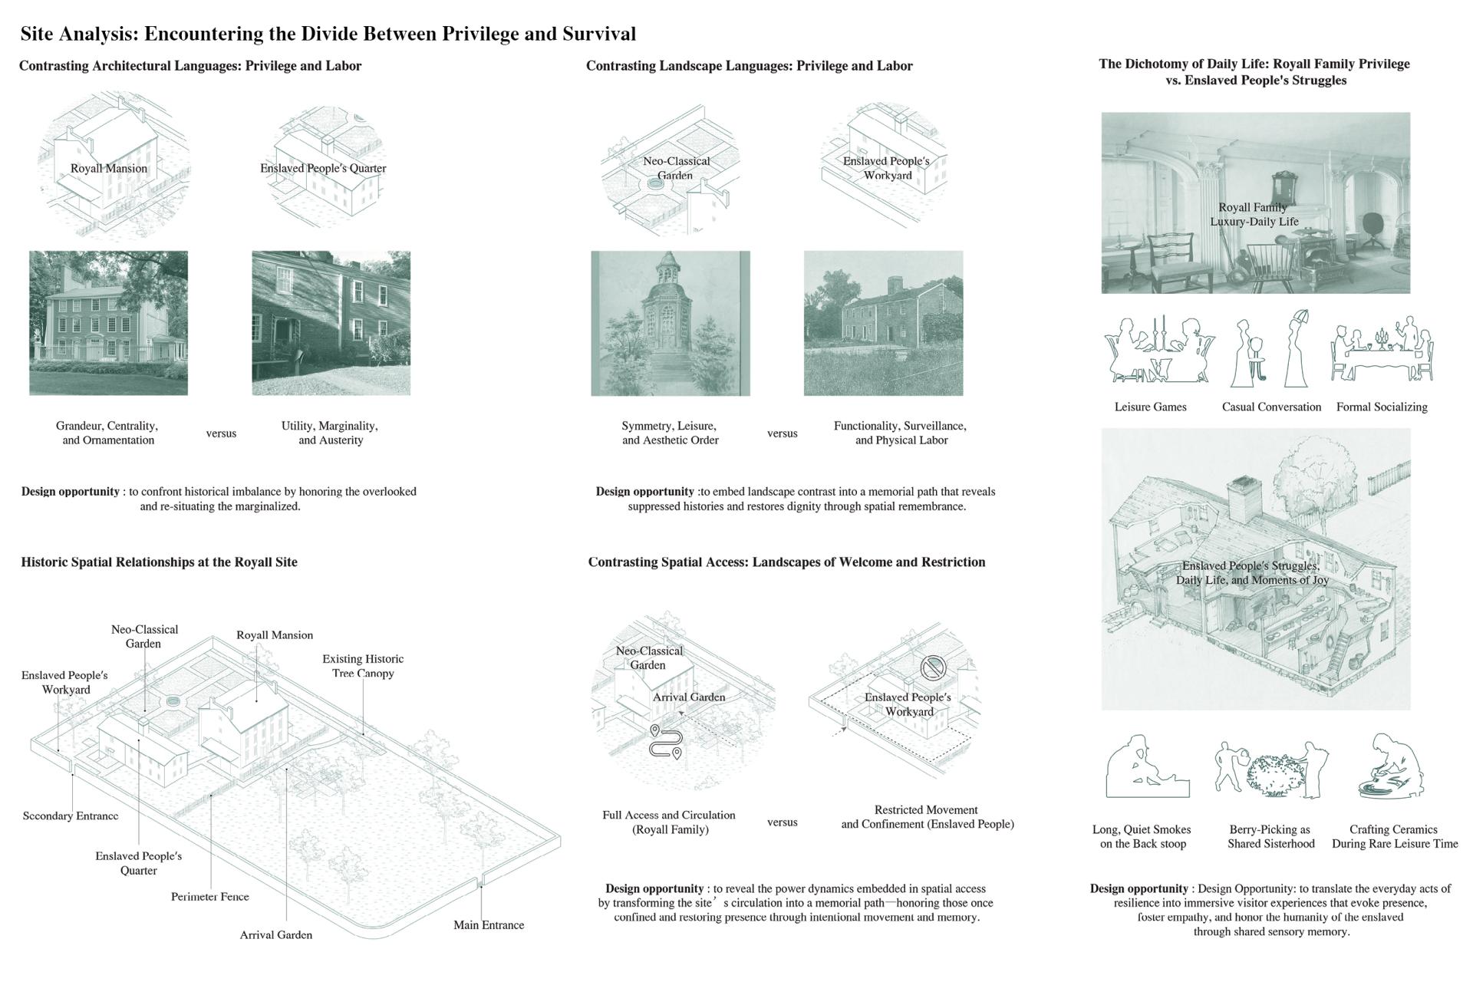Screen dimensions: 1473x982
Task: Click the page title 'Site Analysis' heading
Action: point(328,34)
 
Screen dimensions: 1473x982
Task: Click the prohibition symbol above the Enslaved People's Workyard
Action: point(933,667)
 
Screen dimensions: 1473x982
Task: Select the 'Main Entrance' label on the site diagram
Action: point(489,924)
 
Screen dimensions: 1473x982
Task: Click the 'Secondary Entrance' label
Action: point(71,816)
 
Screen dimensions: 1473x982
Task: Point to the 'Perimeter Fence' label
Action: point(210,896)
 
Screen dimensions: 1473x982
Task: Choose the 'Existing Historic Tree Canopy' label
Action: point(363,666)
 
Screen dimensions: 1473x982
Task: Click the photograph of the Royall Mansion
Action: point(108,323)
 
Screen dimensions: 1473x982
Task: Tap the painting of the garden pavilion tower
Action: point(671,323)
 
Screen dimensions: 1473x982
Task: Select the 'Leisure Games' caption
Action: point(1150,407)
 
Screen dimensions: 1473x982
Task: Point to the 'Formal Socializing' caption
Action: point(1382,407)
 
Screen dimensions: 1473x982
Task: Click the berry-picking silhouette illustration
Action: point(1271,768)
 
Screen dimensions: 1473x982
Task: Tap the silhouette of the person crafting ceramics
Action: point(1392,766)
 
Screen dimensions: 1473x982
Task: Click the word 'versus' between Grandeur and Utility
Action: point(221,433)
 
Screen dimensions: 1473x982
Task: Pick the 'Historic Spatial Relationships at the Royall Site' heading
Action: point(159,562)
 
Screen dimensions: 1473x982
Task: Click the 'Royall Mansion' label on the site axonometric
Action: point(275,634)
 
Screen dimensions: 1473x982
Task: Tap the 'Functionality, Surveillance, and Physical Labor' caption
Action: point(901,433)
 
